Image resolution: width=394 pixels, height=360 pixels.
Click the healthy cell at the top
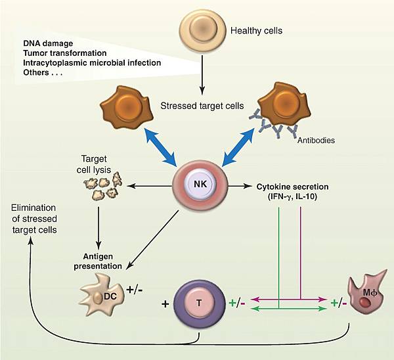[x=200, y=31]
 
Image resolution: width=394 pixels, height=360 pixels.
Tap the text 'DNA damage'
[x=50, y=43]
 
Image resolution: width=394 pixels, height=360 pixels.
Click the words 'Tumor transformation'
[x=68, y=53]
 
